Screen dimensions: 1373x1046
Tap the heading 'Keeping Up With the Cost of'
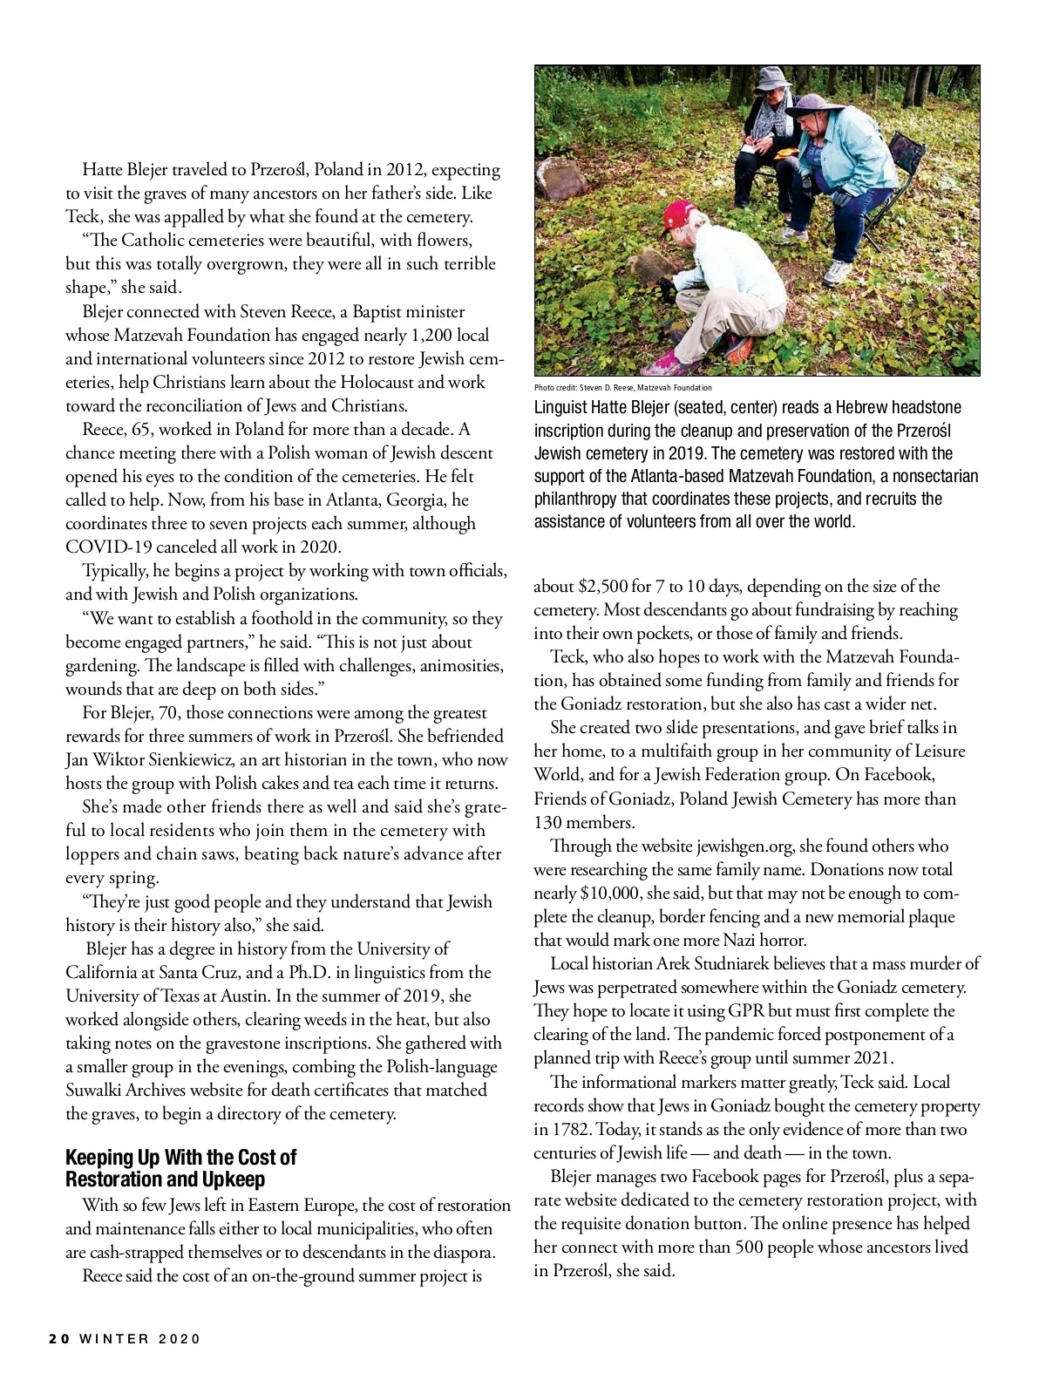click(181, 1157)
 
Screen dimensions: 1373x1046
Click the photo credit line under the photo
click(622, 387)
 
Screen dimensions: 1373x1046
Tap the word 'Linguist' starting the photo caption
click(562, 407)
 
